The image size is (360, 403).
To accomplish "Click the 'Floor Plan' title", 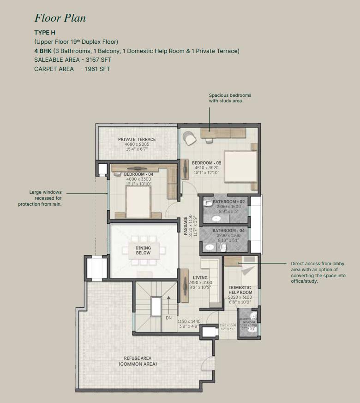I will (x=60, y=18).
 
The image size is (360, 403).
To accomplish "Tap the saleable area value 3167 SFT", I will (x=99, y=59).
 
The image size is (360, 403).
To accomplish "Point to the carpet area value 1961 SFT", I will (x=98, y=69).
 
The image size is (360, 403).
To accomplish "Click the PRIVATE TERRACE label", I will (x=137, y=139).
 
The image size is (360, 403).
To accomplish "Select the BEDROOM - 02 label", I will (x=207, y=163).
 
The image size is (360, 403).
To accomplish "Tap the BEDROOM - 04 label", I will (x=138, y=174).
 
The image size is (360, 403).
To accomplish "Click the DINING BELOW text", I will (x=143, y=250).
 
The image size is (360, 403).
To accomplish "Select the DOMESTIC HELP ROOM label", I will (x=240, y=290).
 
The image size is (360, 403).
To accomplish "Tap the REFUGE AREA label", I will (x=138, y=358).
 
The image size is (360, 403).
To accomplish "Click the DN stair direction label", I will (x=168, y=318).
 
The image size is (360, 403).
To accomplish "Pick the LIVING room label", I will (x=200, y=278).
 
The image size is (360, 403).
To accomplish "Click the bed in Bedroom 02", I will (x=240, y=168).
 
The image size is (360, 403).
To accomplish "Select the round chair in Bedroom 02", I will (x=188, y=137).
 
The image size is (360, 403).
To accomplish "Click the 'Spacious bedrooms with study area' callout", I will (x=230, y=98).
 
